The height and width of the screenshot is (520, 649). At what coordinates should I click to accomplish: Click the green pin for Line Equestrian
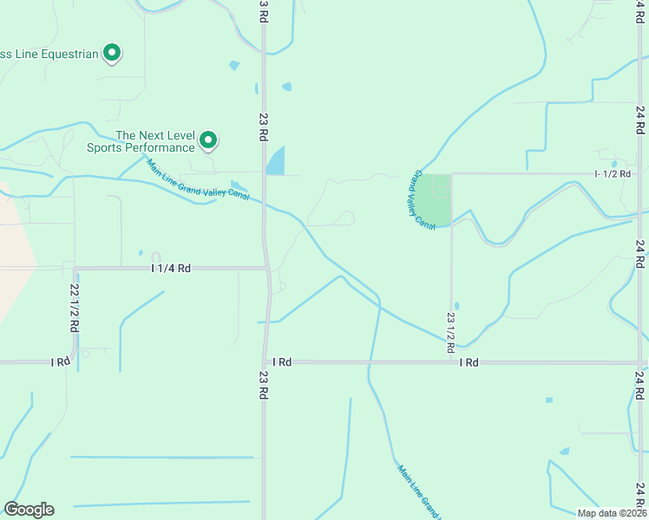111,54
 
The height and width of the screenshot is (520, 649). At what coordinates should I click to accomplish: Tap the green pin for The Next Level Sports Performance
208,140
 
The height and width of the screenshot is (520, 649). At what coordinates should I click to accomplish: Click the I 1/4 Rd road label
170,269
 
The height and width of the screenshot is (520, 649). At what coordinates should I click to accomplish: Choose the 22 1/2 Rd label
74,309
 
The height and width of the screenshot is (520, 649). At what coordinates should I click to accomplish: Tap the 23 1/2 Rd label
450,332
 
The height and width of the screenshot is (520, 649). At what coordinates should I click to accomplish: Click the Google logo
29,510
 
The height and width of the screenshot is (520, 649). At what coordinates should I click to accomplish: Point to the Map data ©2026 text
611,513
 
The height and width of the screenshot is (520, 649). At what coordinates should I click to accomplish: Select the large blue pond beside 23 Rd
275,161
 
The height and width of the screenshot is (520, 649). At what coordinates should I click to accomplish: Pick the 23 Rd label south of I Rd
263,385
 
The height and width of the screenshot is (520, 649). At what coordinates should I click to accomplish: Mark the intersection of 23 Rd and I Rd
265,361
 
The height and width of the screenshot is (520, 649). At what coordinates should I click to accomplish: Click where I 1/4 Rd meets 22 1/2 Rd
75,269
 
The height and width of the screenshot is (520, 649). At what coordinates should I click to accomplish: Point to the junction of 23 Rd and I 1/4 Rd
267,269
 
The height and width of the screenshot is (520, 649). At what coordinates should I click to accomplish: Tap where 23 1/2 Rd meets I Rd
450,361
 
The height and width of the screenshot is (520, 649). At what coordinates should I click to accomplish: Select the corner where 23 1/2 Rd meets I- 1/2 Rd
451,173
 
